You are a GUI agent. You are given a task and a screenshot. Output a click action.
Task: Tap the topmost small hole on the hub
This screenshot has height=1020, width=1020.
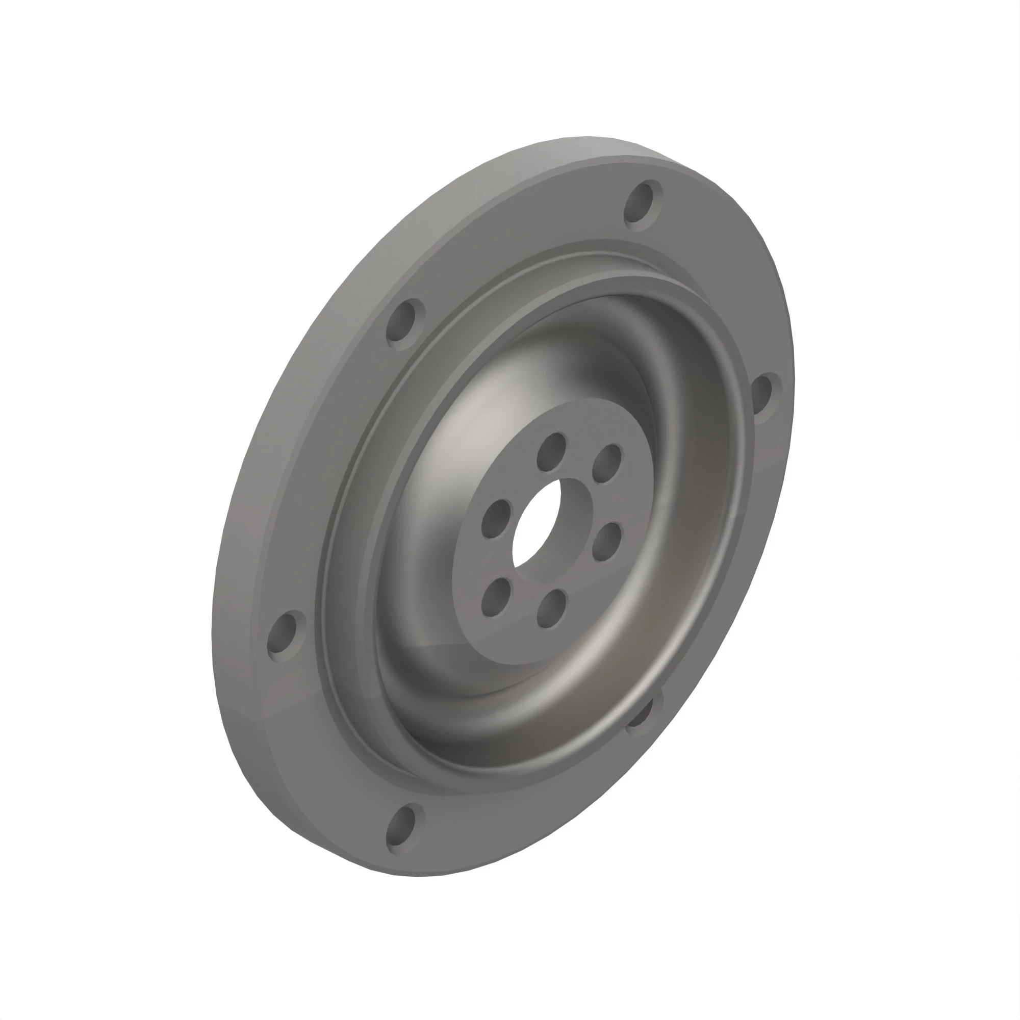(552, 451)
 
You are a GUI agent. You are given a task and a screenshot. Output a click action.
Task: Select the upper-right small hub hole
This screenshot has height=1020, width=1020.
(607, 463)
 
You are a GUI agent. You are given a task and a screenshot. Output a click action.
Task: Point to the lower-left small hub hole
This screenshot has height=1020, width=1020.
(496, 597)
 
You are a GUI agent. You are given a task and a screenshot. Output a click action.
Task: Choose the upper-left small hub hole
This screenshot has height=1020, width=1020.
(496, 519)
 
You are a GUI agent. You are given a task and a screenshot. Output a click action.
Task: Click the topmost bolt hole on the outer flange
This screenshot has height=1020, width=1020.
(643, 205)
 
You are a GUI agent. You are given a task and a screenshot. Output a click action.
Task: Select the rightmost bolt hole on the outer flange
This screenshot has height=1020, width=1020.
(767, 397)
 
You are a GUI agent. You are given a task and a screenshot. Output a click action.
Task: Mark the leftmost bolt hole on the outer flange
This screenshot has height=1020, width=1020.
(287, 635)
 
